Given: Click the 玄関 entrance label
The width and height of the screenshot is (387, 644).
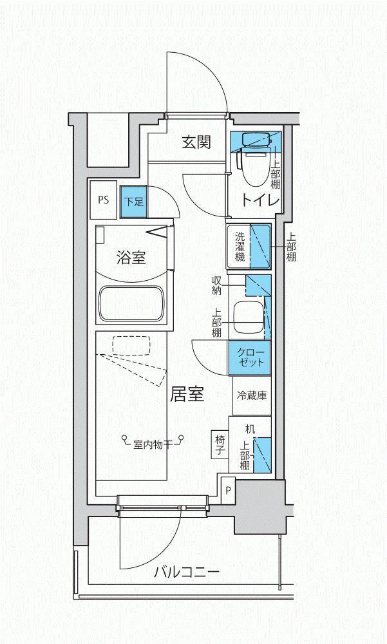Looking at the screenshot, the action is coord(196,142).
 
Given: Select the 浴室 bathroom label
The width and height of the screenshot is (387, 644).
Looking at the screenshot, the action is coord(131,258).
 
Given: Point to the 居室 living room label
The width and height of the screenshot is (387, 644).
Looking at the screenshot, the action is coord(187,394).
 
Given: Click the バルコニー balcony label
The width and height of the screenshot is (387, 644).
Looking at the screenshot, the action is coord(187,572).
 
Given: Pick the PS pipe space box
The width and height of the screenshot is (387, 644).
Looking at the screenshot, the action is coord(104,200).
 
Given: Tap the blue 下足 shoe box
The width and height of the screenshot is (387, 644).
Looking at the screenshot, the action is coord(134,202).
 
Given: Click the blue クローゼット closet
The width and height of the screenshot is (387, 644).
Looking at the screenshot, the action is coord(250,358).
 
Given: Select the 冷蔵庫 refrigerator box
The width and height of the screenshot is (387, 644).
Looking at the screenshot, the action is coord(251,395).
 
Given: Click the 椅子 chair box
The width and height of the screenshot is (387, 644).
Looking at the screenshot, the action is coord(220,444).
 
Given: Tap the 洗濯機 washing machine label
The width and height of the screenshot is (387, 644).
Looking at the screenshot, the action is coord(240,247).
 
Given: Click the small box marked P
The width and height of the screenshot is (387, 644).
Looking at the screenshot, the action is coord(229,490).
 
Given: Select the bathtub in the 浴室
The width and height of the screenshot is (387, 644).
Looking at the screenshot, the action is coord(131,304).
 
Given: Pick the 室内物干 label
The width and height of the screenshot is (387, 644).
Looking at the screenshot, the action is coord(151,444).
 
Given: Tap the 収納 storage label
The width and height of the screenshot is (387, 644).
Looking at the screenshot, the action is coord(217,285).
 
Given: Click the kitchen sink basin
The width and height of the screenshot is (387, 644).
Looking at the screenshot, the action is coord(249,317).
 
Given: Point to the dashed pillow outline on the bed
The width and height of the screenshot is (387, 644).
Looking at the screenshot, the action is coord(131,345).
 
